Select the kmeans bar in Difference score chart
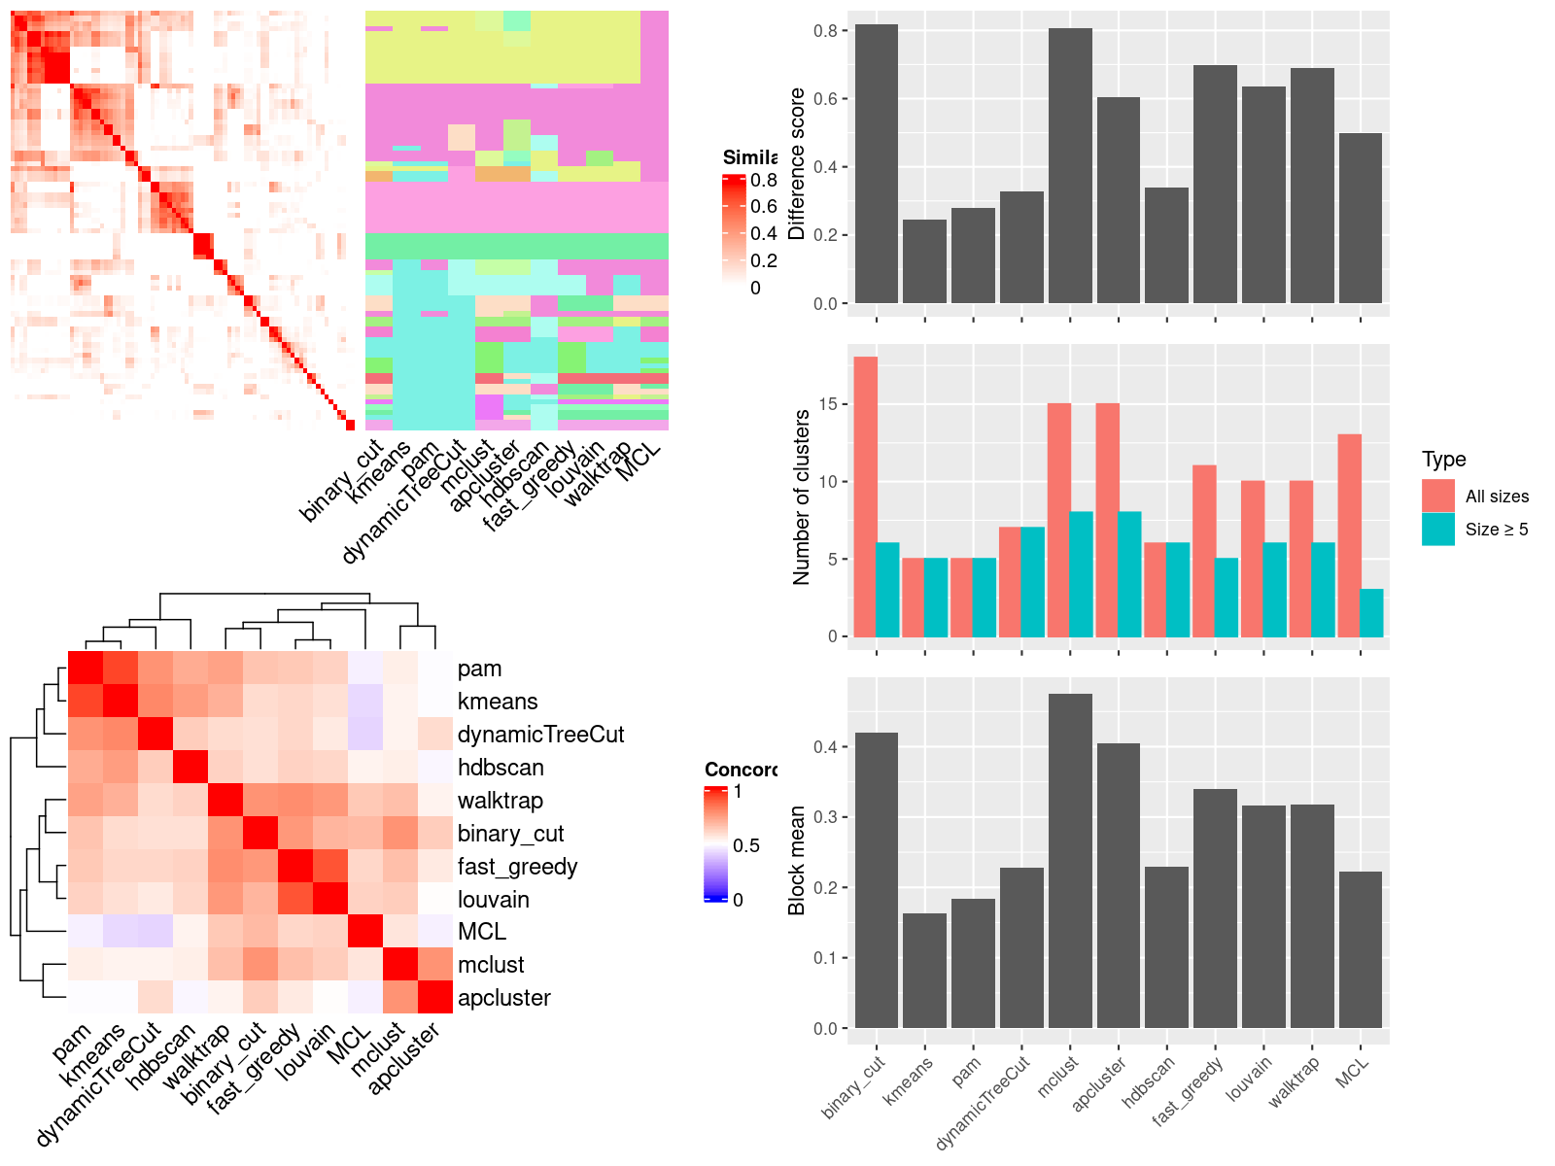pos(924,261)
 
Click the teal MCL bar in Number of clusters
pos(1371,613)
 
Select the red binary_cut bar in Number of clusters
pos(865,497)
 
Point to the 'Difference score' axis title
pos(797,163)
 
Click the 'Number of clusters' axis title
pos(801,497)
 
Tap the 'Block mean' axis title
pos(797,860)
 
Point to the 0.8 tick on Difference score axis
pos(825,31)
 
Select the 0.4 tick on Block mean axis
pos(825,747)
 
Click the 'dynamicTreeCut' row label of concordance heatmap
pos(540,735)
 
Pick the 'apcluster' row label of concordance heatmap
pos(503,998)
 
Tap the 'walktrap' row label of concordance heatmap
pos(500,801)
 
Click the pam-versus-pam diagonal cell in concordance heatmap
pos(85,669)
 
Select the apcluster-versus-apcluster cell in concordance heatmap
pos(435,997)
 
